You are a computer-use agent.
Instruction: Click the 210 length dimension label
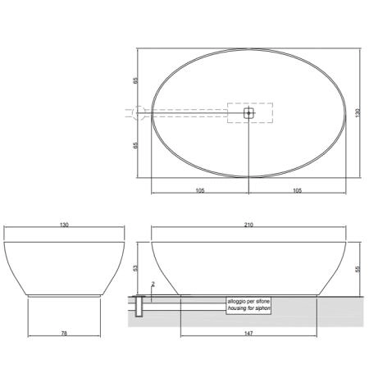click(248, 225)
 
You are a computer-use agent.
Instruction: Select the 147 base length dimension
click(248, 333)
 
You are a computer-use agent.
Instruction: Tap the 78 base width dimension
click(64, 333)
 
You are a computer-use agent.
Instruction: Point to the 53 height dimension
click(135, 268)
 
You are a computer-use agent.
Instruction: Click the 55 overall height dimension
click(358, 269)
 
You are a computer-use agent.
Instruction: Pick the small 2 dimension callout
click(153, 285)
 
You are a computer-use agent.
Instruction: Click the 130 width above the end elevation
click(64, 225)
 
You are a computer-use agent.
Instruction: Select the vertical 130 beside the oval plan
click(358, 113)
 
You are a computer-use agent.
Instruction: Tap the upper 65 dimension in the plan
click(135, 81)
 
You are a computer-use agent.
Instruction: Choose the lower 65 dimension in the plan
click(135, 145)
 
